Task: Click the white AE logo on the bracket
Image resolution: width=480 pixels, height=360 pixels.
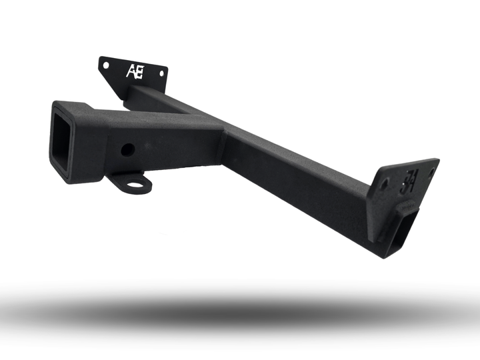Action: [133, 71]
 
